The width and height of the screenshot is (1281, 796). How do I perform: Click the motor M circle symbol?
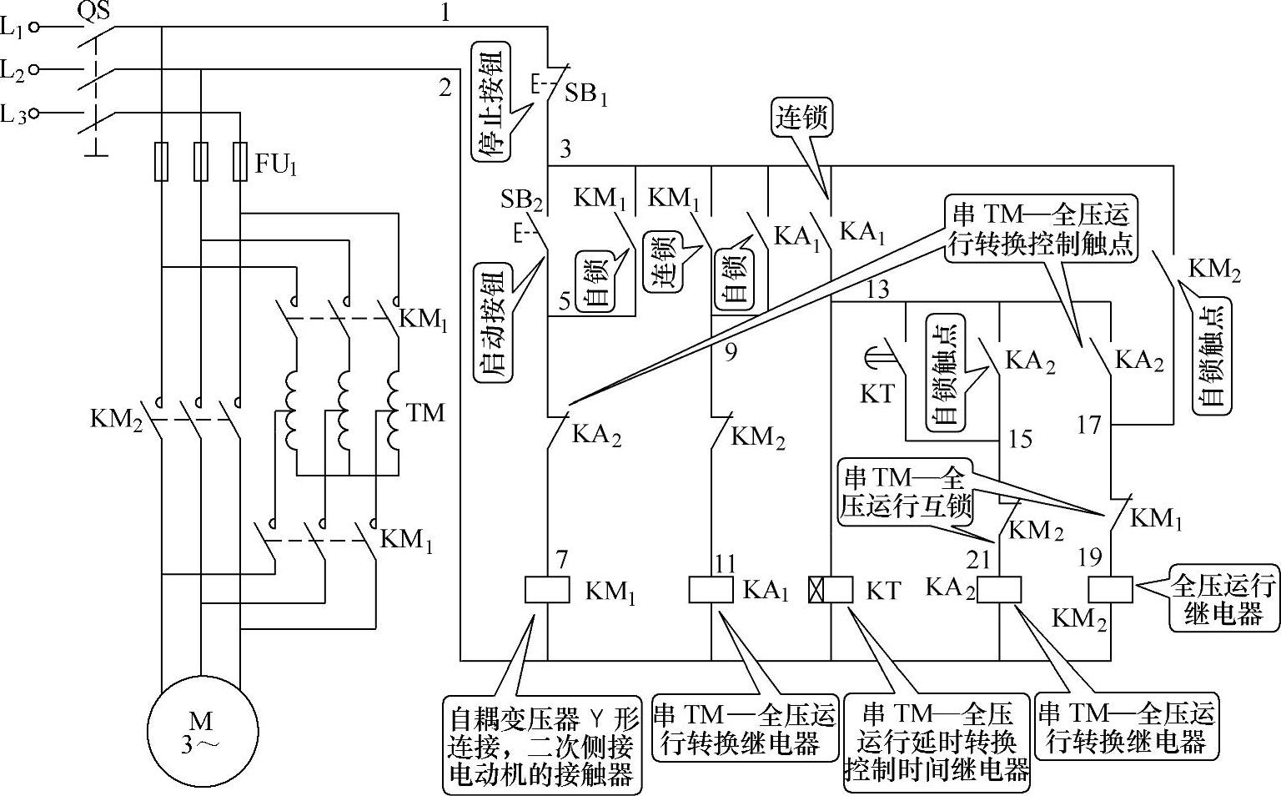click(200, 731)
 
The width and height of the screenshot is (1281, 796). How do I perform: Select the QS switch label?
click(93, 11)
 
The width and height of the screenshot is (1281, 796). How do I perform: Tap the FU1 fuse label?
click(276, 164)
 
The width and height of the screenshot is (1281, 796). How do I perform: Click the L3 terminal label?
click(13, 113)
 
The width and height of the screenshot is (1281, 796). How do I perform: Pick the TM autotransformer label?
click(425, 412)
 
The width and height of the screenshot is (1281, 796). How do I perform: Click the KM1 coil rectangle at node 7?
click(547, 590)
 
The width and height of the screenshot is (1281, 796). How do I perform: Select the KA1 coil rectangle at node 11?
click(711, 590)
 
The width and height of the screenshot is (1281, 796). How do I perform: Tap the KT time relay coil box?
click(831, 590)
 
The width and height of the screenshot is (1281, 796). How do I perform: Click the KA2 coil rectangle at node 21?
click(999, 590)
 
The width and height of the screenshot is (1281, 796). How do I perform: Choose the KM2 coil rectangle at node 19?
click(1111, 590)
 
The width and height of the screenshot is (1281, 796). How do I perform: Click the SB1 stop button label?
click(586, 93)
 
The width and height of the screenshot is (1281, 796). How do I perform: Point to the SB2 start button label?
click(522, 199)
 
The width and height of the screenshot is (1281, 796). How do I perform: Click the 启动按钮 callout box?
click(492, 322)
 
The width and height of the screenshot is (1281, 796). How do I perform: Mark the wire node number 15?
click(1020, 439)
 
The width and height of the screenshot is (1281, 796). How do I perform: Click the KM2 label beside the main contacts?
click(116, 417)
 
